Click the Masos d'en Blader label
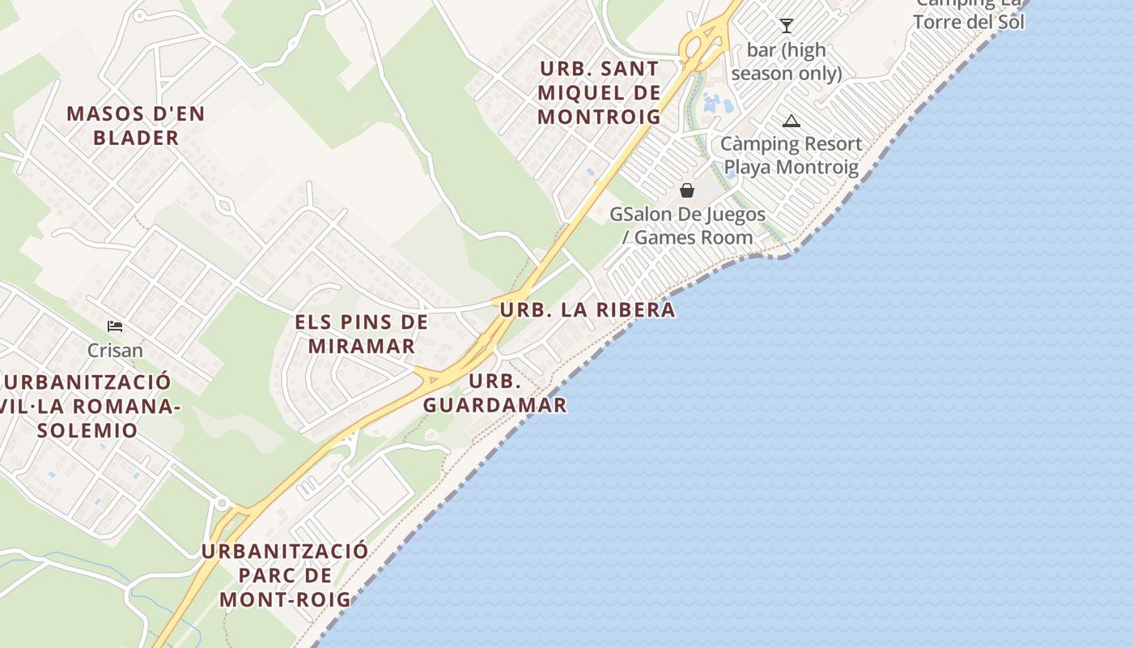tap(136, 126)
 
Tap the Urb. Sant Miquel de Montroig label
tap(599, 92)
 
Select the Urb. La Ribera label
tap(587, 309)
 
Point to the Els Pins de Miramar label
tap(361, 334)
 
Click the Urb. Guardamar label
tap(494, 393)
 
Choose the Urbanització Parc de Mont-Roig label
tap(285, 575)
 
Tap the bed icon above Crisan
tap(115, 326)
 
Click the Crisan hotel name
tap(115, 351)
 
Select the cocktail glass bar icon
tap(786, 26)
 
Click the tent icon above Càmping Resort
tap(791, 122)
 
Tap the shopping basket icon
tap(687, 190)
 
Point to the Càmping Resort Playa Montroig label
tap(791, 156)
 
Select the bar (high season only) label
tap(786, 62)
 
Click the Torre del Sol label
tap(969, 22)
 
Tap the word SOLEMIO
tap(87, 430)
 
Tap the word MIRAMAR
tap(362, 346)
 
